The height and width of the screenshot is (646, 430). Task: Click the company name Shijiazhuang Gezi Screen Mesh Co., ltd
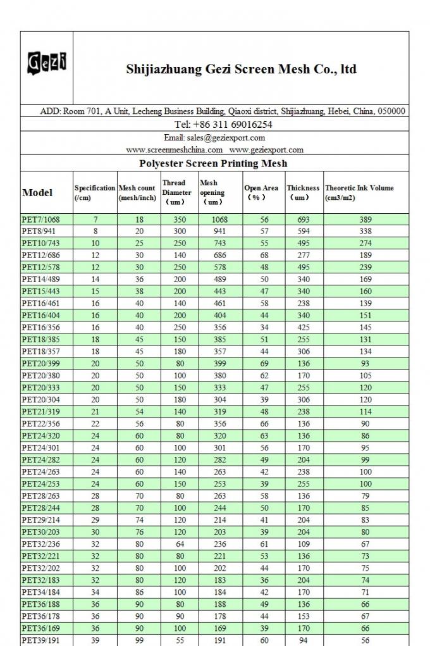click(x=241, y=69)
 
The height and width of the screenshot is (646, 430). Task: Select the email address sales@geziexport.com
click(x=214, y=137)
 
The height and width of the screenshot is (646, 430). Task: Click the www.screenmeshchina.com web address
click(x=175, y=150)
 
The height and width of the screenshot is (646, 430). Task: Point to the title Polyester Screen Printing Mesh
click(x=213, y=163)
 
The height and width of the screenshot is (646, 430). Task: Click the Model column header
click(x=37, y=192)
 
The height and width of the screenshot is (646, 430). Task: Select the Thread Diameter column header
click(x=176, y=192)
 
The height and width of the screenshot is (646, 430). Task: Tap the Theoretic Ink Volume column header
click(x=359, y=192)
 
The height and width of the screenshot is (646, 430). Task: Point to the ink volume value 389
click(x=365, y=220)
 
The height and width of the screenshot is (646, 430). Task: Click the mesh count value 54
click(x=139, y=412)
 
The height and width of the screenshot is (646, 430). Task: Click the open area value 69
click(x=264, y=364)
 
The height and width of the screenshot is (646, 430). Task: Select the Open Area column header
click(x=261, y=192)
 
